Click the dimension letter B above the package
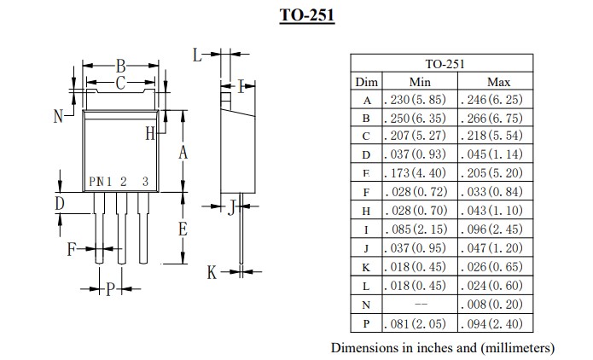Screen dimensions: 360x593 (121, 66)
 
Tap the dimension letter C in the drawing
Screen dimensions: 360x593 (121, 83)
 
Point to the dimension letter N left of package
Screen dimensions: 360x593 (58, 117)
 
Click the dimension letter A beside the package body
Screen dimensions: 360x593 (182, 153)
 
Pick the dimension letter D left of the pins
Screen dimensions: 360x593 (60, 203)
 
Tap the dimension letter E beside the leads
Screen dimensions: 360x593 (182, 229)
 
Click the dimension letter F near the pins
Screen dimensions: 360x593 (73, 249)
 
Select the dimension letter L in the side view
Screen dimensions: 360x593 (197, 55)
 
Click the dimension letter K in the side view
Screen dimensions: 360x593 (212, 272)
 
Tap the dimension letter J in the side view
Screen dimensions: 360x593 (230, 206)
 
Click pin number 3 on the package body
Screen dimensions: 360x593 (145, 181)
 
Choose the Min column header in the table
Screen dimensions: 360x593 (420, 82)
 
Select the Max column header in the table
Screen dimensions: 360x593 (497, 82)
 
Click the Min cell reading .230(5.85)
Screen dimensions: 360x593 (420, 100)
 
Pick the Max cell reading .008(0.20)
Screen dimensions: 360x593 (497, 305)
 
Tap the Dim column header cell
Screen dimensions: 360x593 (366, 82)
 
